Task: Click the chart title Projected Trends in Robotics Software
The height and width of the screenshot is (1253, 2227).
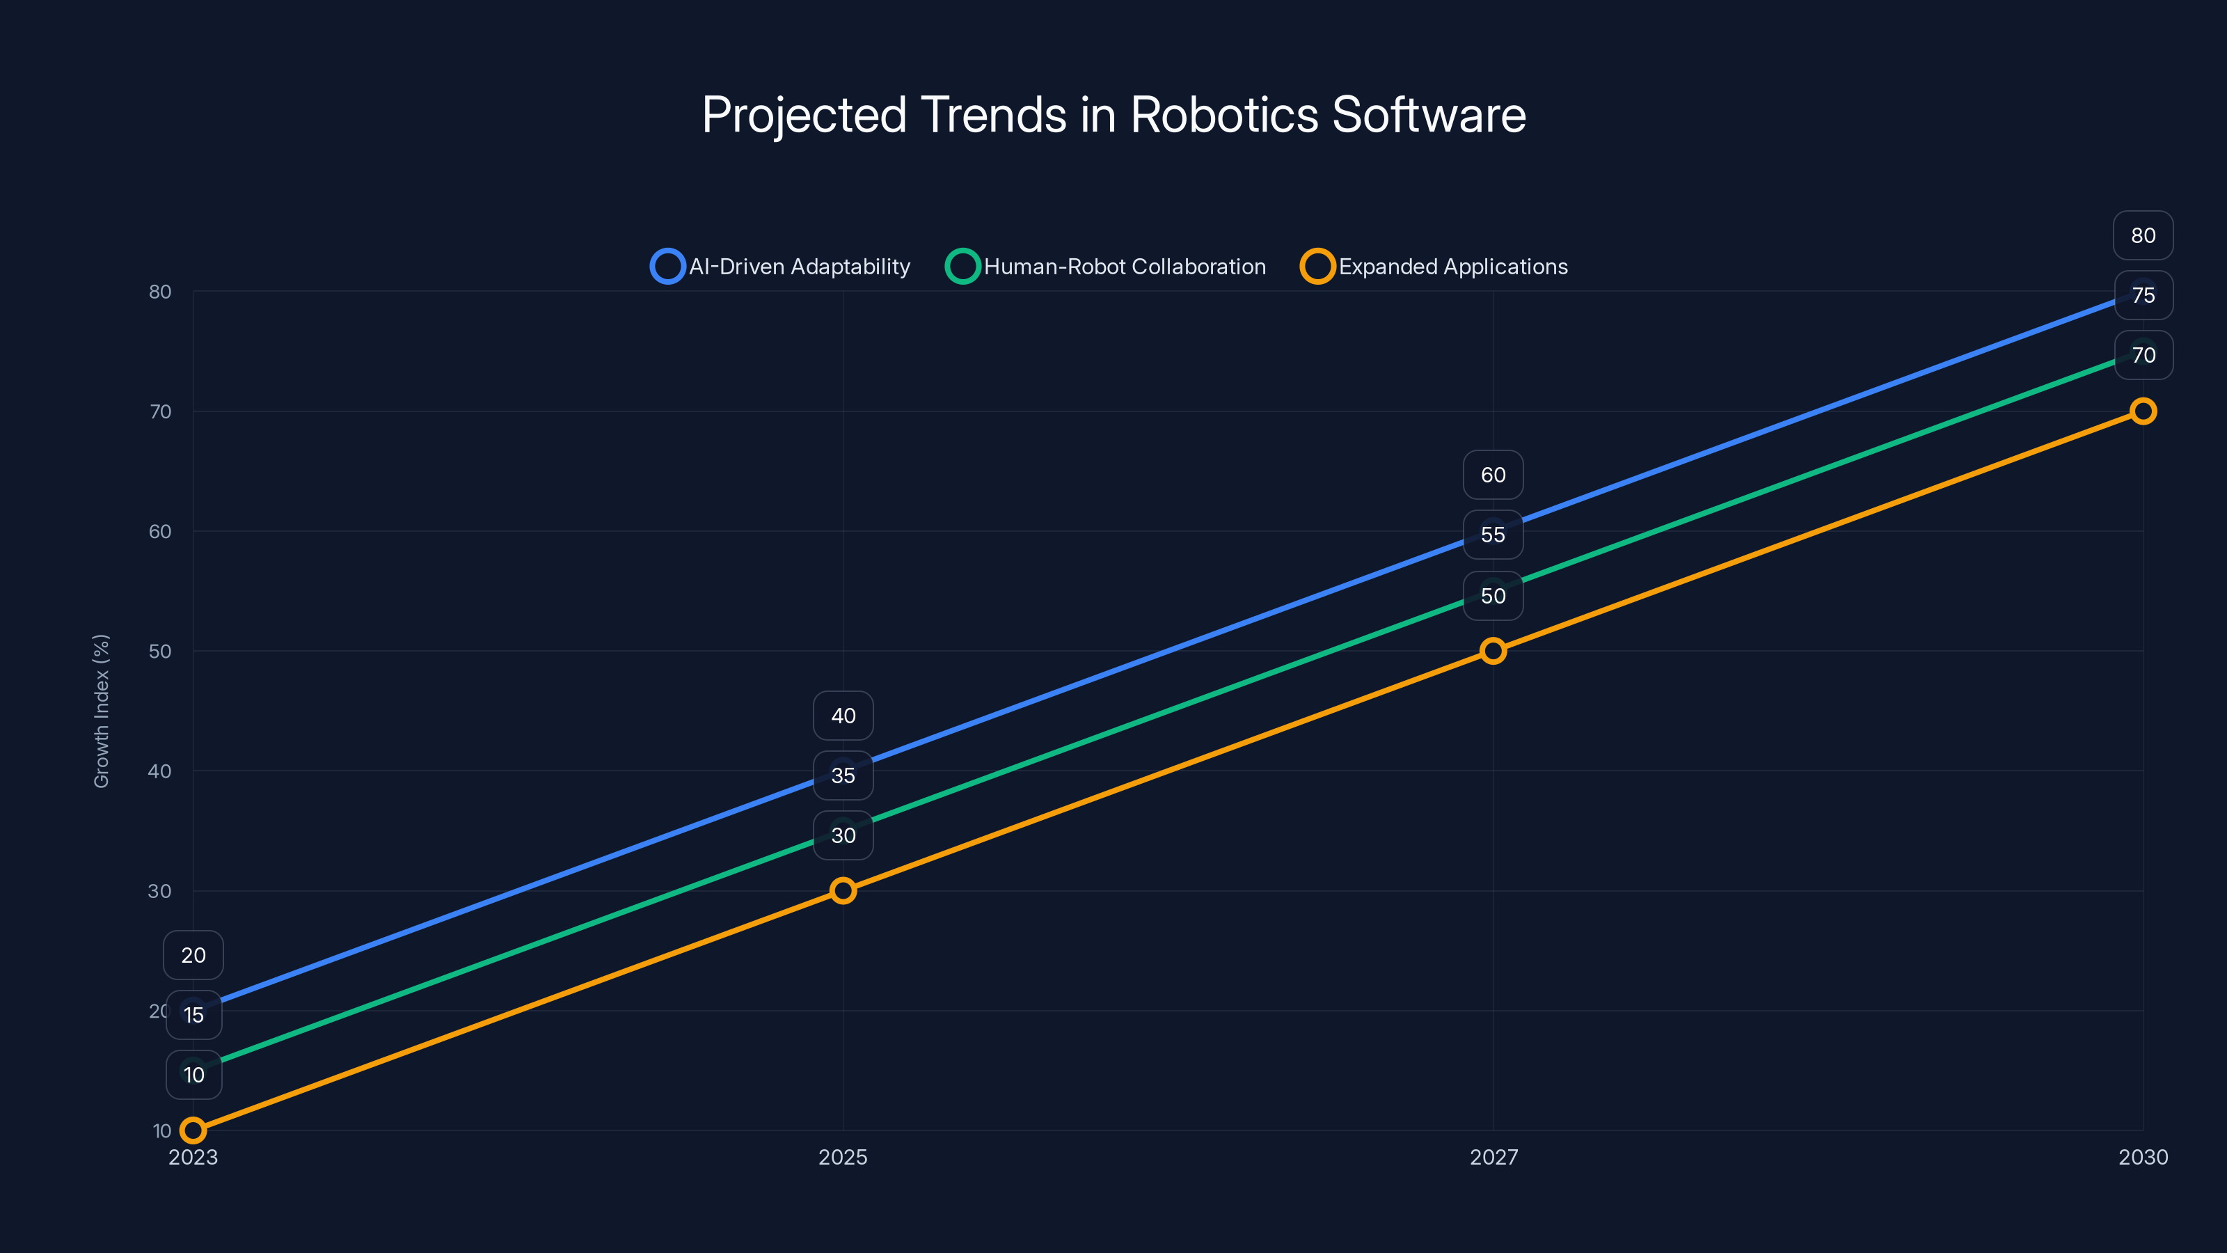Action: [x=1113, y=115]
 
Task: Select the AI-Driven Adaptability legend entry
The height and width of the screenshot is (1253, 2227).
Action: [x=781, y=267]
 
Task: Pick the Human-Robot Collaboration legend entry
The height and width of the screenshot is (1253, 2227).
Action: [x=1107, y=267]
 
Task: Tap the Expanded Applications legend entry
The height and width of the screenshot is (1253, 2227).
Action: [x=1434, y=267]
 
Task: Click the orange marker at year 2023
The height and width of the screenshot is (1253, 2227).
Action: [x=193, y=1130]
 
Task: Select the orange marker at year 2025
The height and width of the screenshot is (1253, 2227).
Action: [x=843, y=891]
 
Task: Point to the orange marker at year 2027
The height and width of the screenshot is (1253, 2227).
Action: [x=1493, y=651]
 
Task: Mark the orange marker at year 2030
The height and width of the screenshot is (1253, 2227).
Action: [x=2142, y=411]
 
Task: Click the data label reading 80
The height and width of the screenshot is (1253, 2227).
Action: [x=2142, y=235]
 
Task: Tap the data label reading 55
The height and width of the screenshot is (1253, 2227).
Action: [x=1493, y=535]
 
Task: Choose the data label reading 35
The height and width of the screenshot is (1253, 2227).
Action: [x=843, y=775]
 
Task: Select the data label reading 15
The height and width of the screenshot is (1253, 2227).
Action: [x=193, y=1015]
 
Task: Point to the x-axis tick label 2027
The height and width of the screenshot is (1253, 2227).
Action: [x=1493, y=1157]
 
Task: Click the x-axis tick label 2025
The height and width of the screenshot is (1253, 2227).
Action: [x=843, y=1157]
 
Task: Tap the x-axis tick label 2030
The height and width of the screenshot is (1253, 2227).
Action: [x=2142, y=1157]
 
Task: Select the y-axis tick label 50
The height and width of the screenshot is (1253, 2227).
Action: [x=160, y=651]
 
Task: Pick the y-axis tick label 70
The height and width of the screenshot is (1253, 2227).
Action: [x=160, y=411]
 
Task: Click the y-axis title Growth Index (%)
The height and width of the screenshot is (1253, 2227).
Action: [x=101, y=711]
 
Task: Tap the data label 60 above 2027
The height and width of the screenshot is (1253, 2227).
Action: [x=1493, y=475]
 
